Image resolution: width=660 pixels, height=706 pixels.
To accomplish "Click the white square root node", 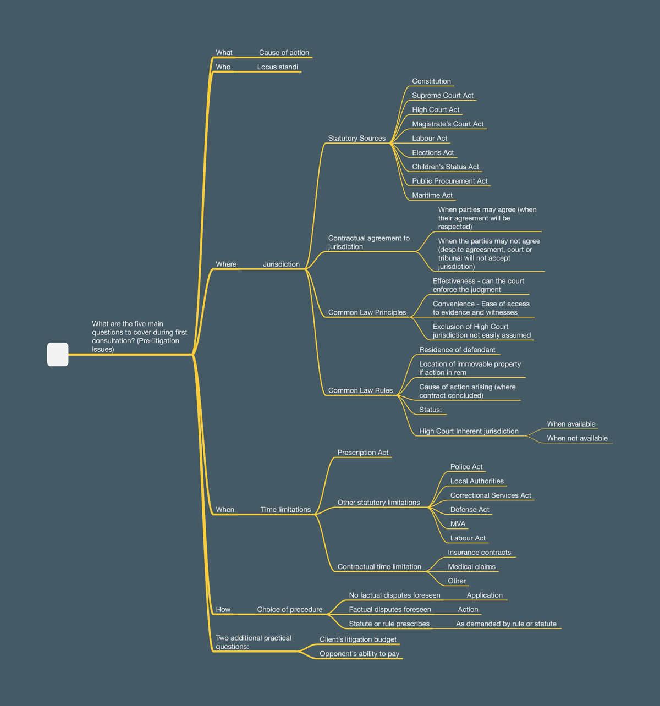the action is [58, 354].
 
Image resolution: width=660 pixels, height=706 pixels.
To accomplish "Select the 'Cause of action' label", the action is [284, 53].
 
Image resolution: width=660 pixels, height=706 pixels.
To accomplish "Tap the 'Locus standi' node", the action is [277, 67].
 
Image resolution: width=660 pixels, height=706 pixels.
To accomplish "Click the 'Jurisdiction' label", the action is [281, 264].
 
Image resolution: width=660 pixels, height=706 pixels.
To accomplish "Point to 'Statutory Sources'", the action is [356, 138].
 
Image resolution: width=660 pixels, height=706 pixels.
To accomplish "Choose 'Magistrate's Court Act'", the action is [448, 124].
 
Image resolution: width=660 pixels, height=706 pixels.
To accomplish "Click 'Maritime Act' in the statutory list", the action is [432, 195].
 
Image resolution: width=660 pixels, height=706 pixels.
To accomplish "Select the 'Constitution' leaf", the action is [431, 81].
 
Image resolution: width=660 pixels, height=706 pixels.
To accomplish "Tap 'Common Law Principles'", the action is [367, 312].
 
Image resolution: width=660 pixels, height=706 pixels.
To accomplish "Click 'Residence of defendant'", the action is [457, 350].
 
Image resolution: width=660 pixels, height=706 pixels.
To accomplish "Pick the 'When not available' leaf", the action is [577, 438].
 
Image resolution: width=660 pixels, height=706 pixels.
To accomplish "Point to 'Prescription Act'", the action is [362, 453].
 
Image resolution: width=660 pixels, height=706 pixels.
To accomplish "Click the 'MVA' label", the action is [458, 523].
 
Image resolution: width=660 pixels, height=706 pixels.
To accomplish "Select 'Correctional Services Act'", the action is [491, 495].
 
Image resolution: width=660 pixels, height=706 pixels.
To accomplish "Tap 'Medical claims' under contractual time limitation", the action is [471, 567].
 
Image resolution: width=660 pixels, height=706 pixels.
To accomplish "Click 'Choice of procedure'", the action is [289, 609].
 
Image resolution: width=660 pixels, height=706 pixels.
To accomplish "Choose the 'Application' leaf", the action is [485, 595].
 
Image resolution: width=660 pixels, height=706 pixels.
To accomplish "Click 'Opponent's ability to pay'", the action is [359, 654].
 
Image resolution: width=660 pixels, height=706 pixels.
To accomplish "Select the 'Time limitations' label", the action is [285, 509].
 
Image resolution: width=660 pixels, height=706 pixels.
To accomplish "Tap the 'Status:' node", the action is [430, 410].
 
